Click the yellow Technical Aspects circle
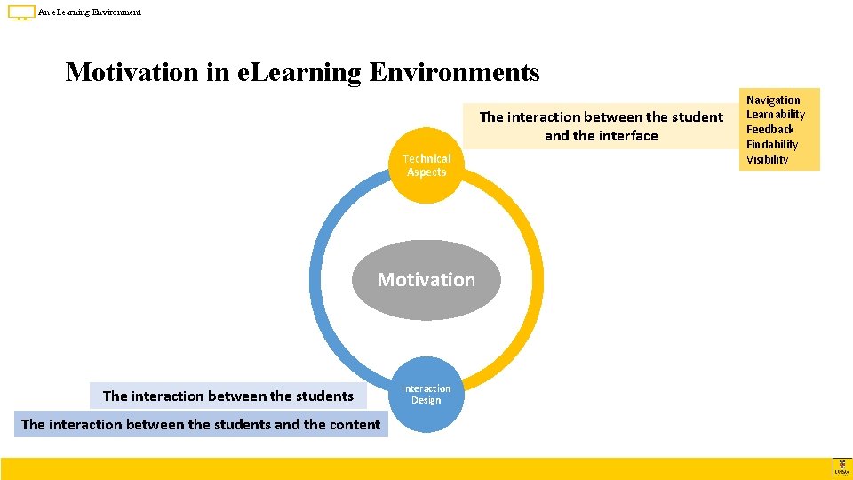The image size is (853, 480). tap(426, 165)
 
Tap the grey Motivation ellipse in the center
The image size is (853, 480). tap(426, 280)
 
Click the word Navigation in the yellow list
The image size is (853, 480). tap(772, 100)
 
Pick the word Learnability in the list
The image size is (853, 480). tap(775, 115)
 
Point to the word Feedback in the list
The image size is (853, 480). tap(769, 130)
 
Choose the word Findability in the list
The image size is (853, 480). tap(771, 145)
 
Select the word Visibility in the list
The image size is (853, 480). tap(767, 160)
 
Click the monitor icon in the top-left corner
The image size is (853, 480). tap(21, 13)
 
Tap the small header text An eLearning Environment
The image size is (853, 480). tap(90, 12)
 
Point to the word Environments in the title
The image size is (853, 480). tap(454, 71)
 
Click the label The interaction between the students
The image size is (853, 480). tap(228, 396)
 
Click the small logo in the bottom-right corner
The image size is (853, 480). tap(841, 468)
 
